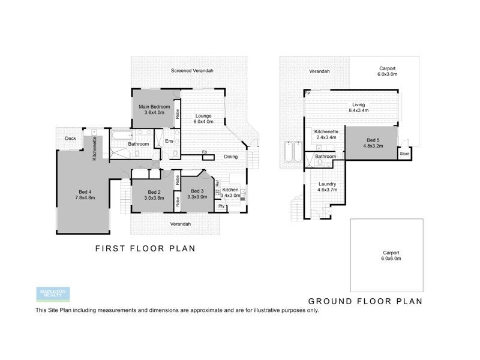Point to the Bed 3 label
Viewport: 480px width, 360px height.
coord(197,190)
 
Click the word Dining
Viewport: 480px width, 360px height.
coord(230,157)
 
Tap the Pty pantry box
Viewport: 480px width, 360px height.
coord(221,206)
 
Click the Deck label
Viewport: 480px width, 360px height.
coord(71,139)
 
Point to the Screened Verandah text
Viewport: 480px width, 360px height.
coord(192,71)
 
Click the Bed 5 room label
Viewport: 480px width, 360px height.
coord(373,140)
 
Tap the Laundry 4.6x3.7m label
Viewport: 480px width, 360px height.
coord(327,187)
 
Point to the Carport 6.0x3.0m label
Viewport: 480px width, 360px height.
coord(388,71)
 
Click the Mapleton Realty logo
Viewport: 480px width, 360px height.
coord(53,294)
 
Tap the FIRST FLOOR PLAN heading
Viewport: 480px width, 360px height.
coord(146,248)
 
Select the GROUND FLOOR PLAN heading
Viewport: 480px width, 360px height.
coord(365,301)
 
